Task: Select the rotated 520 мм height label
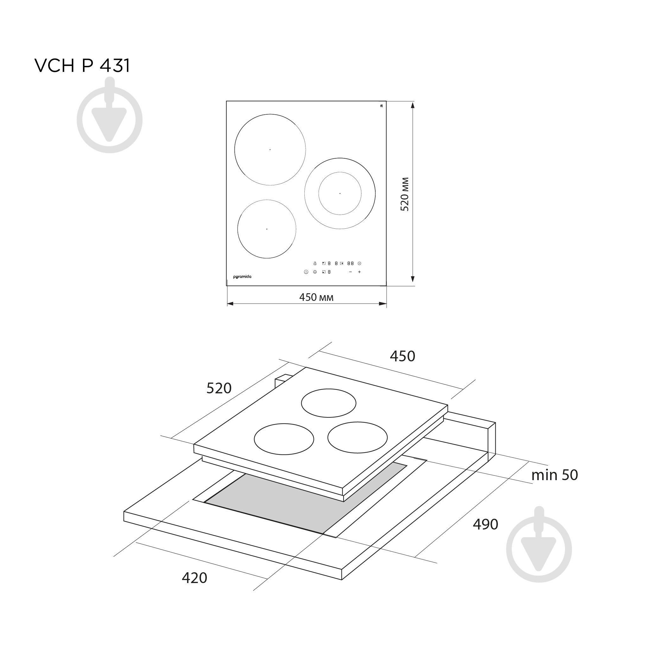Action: click(x=405, y=194)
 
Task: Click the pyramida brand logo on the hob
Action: click(x=242, y=277)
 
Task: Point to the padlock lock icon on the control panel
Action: click(x=315, y=263)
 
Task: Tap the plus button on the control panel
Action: click(x=359, y=272)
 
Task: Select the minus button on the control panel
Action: click(x=351, y=272)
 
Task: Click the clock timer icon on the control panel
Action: click(x=359, y=263)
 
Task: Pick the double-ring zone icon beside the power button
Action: click(x=315, y=272)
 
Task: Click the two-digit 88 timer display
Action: click(x=351, y=263)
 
